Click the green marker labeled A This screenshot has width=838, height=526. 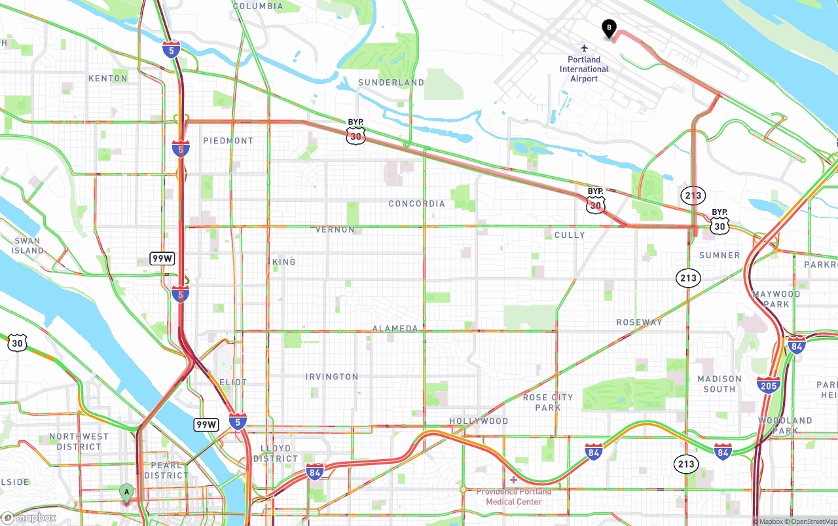click(126, 492)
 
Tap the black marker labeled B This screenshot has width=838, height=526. click(609, 28)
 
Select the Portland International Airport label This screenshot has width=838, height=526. click(584, 69)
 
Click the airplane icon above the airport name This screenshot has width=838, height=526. click(584, 48)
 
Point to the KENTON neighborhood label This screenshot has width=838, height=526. click(108, 79)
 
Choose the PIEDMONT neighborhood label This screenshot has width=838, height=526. click(228, 141)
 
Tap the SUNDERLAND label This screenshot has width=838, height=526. click(391, 83)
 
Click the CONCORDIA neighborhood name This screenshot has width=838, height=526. click(416, 204)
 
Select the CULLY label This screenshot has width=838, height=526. click(570, 235)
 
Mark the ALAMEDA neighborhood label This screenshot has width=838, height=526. click(395, 328)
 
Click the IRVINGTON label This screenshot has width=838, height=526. click(332, 377)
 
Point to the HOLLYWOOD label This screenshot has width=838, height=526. click(479, 421)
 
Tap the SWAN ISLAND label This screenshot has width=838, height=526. click(27, 246)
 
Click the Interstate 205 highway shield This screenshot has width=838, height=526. click(768, 385)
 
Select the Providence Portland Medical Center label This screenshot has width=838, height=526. click(514, 497)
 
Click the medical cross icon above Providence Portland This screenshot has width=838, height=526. click(513, 480)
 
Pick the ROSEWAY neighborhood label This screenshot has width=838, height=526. click(639, 322)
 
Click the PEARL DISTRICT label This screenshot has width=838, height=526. click(166, 470)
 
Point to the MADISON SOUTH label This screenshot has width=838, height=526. click(720, 384)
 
